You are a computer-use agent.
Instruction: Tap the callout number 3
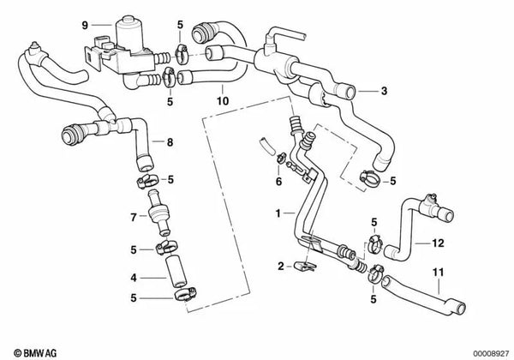point(384,90)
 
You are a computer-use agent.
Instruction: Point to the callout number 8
point(170,141)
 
